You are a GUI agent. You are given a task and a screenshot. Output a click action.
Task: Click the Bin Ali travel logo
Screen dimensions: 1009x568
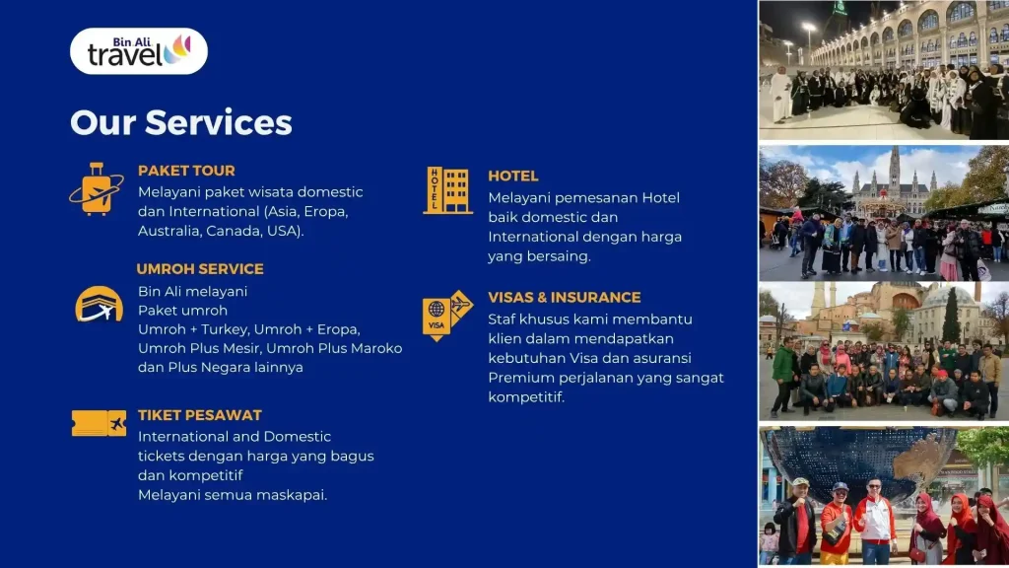138,51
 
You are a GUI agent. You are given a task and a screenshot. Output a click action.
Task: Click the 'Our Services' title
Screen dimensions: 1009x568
181,122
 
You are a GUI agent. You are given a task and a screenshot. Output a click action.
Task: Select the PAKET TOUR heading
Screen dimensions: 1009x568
186,171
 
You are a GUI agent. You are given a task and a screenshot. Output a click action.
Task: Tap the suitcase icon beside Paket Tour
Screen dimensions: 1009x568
97,189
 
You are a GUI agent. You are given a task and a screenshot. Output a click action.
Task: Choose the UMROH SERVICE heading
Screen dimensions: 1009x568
200,269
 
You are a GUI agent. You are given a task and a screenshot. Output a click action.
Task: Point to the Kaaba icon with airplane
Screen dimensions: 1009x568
99,304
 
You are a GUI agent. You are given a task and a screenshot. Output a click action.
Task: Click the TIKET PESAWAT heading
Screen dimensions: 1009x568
199,415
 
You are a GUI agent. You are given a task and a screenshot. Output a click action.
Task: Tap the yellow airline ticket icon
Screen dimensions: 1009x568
99,423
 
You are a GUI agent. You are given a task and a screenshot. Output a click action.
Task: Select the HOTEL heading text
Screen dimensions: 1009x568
512,176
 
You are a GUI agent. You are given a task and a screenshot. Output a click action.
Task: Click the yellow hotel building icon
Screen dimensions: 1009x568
447,190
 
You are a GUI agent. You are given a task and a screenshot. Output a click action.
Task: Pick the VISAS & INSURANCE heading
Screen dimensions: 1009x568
565,298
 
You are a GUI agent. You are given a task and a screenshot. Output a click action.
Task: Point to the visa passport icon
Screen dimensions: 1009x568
447,316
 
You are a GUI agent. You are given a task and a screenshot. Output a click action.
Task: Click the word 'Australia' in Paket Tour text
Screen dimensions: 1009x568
168,231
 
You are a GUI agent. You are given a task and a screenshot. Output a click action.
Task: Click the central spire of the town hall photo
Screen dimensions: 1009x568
895,169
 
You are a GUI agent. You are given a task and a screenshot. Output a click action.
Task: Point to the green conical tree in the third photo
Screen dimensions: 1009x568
951,316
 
